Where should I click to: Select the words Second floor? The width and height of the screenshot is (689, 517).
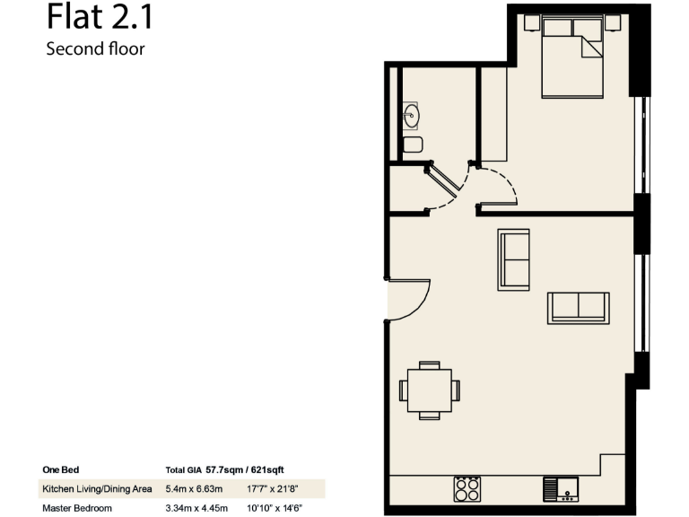(x=95, y=49)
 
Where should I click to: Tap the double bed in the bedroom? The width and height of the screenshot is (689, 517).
(x=572, y=59)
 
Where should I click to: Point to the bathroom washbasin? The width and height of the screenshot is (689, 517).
(x=412, y=115)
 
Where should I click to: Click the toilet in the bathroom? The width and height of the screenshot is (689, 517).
(x=413, y=145)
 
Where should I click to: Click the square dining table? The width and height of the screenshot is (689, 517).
(x=430, y=391)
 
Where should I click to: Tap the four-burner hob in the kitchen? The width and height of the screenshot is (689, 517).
(x=467, y=489)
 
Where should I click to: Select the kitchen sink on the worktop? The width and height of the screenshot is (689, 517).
(x=560, y=490)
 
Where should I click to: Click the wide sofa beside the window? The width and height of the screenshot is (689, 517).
(x=579, y=307)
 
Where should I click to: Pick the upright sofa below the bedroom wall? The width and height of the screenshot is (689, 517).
(x=514, y=260)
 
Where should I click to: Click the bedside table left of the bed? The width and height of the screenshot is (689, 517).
(x=531, y=22)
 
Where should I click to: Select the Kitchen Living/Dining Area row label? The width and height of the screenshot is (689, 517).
(x=96, y=489)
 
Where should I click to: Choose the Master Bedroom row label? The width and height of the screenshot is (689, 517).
(x=77, y=508)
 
